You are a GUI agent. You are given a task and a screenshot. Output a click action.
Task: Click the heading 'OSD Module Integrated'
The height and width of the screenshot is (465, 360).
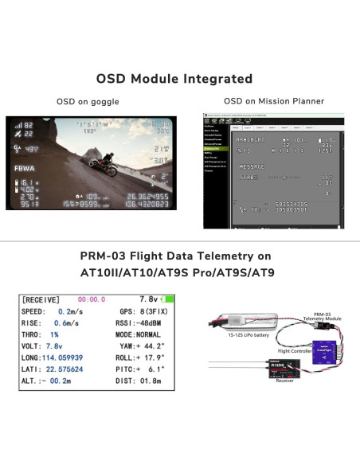(174, 79)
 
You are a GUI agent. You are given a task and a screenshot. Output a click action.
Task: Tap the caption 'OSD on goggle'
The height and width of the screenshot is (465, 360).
(88, 102)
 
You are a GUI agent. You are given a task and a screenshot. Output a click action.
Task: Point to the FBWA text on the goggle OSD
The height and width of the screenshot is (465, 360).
(25, 169)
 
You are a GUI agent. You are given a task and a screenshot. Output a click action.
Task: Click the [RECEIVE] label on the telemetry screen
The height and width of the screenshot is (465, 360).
(41, 299)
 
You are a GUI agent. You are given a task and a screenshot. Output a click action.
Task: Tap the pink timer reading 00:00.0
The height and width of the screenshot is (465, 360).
(91, 299)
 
